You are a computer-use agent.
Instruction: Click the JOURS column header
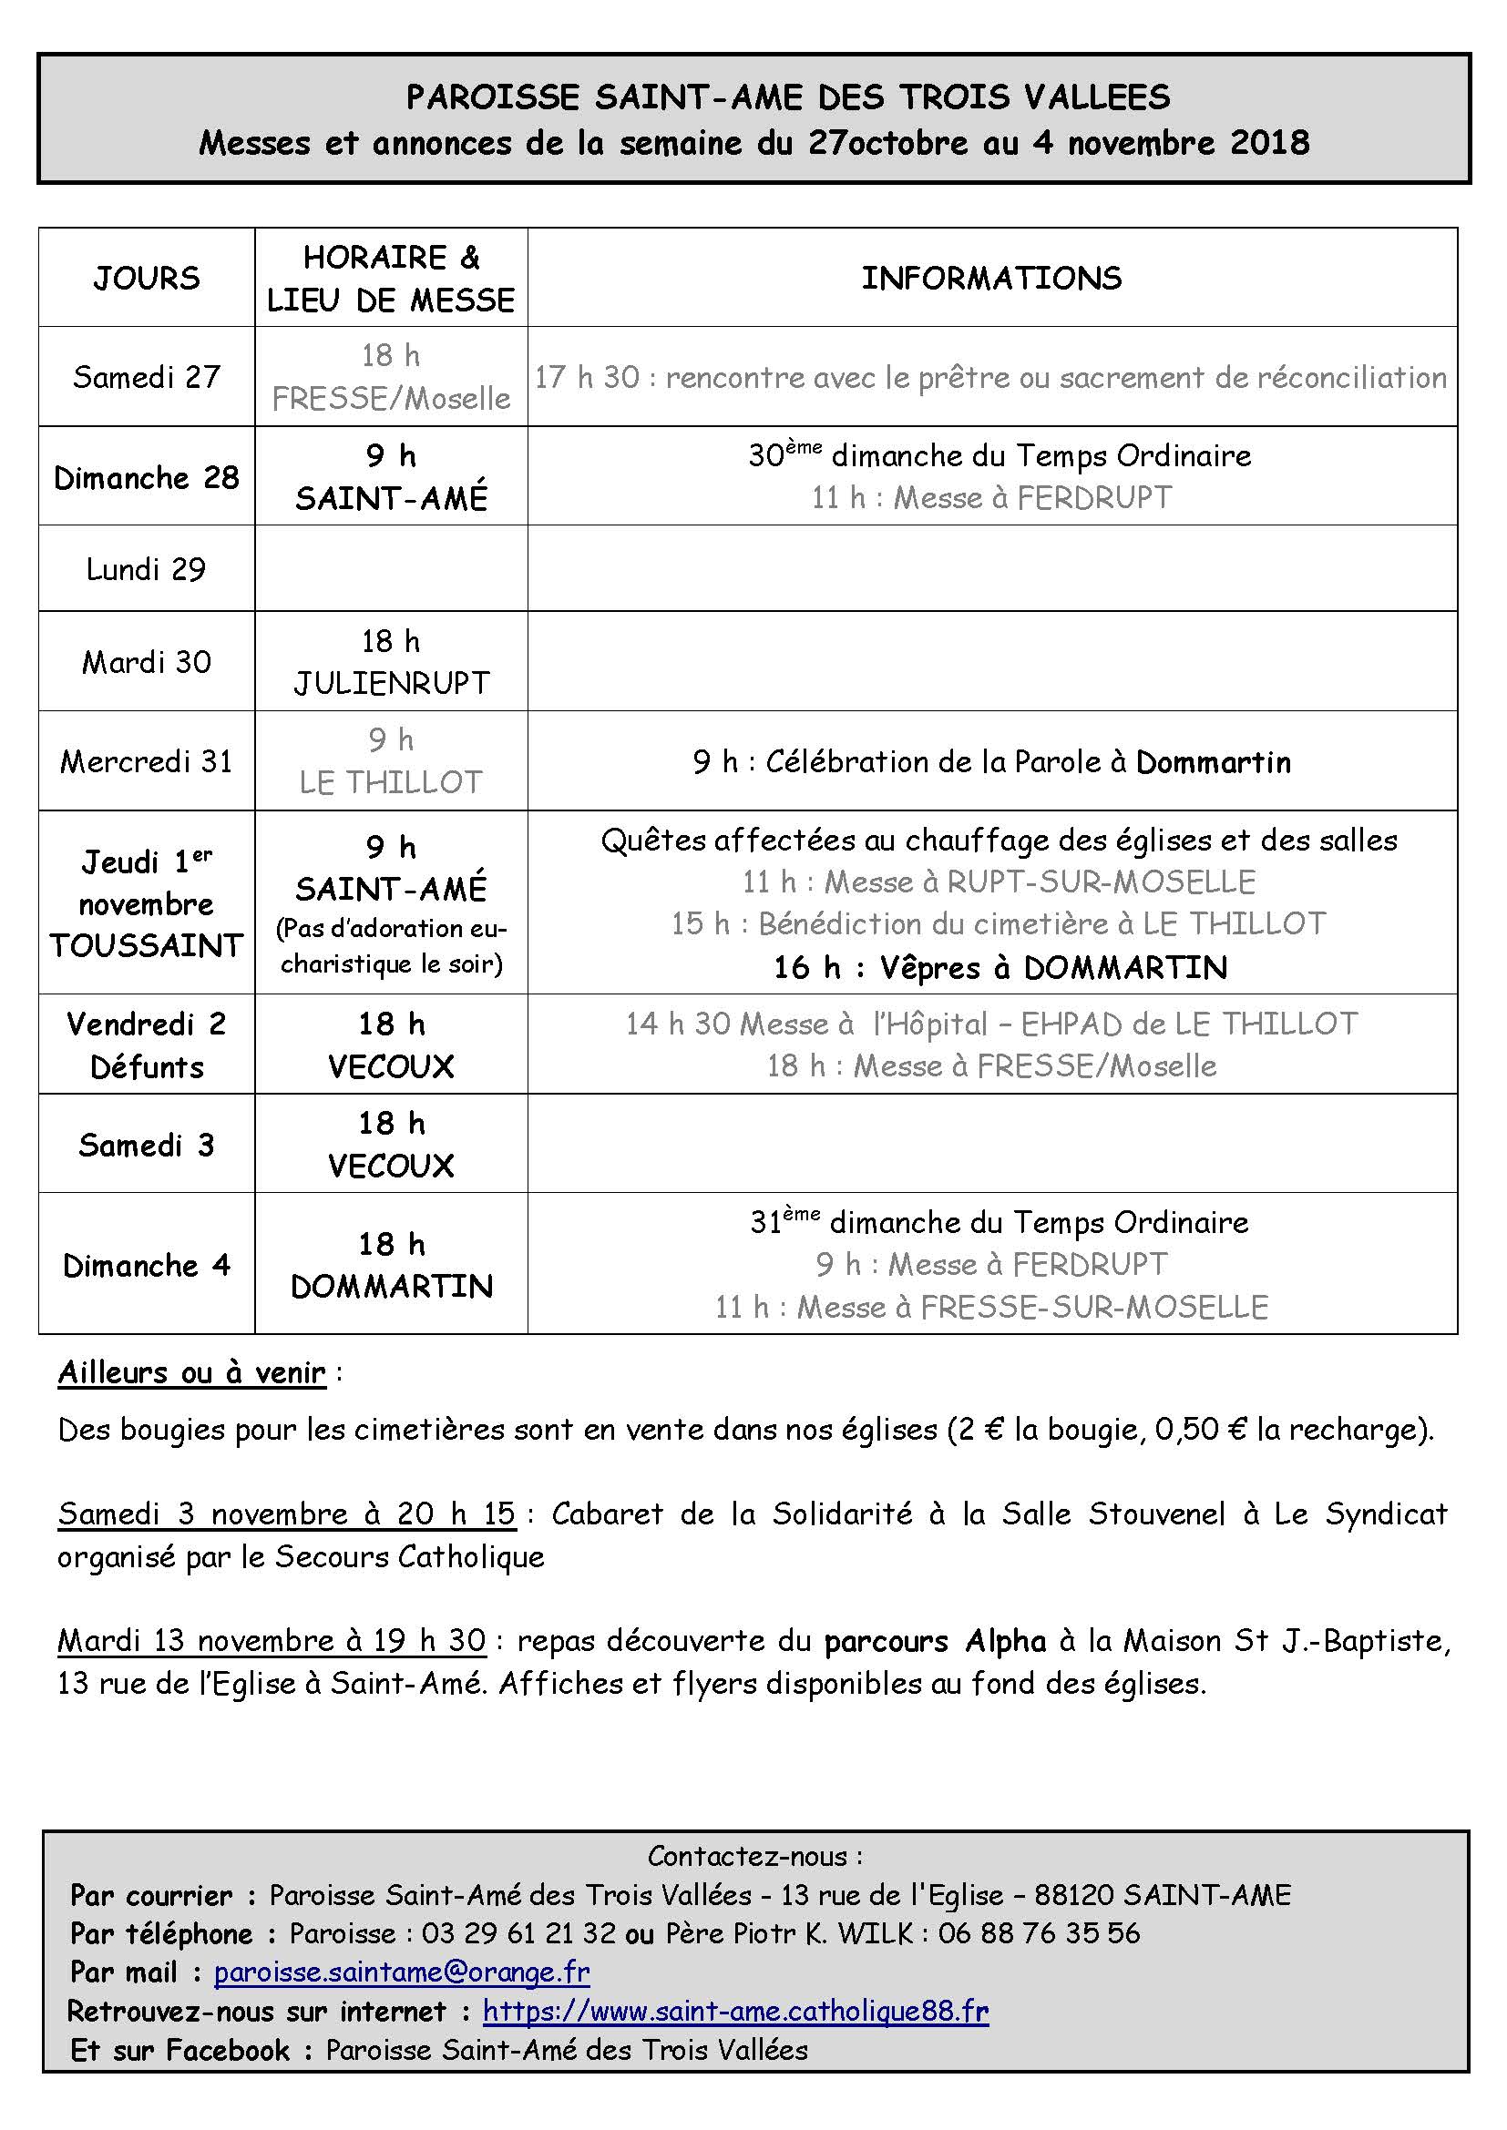[147, 279]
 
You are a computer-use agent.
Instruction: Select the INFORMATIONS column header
[991, 279]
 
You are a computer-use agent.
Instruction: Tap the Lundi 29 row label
[147, 568]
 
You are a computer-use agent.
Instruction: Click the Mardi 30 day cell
[147, 662]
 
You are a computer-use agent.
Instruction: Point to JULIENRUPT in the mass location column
[391, 684]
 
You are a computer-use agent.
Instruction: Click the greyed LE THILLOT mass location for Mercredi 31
[391, 782]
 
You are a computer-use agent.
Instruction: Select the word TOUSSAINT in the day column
[147, 945]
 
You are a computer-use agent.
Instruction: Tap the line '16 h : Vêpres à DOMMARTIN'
[1000, 968]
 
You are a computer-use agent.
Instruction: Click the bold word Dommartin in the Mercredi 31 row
[1213, 761]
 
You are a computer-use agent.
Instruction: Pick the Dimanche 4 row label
[147, 1266]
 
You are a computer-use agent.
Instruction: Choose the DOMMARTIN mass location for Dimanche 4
[391, 1287]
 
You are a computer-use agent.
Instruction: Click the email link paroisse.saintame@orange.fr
[402, 1972]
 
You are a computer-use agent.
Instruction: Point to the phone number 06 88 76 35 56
[1039, 1932]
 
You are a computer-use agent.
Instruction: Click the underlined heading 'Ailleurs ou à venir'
[192, 1372]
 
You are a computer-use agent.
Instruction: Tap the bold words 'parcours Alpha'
[935, 1641]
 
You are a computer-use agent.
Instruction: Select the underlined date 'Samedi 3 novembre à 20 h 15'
[286, 1514]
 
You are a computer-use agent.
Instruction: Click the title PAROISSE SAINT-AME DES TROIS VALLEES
[788, 97]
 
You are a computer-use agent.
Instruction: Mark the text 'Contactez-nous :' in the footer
[754, 1856]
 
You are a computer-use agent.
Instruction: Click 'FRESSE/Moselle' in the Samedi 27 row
[391, 399]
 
